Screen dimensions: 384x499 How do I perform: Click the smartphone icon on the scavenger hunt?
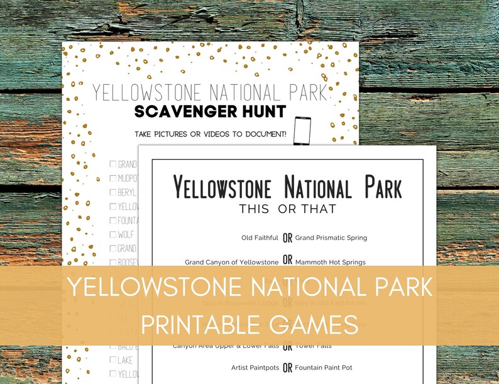coord(302,130)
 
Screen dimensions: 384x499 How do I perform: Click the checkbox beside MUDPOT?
coord(113,178)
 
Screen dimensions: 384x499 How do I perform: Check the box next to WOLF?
coord(113,234)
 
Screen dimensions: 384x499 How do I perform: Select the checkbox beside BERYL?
coord(113,192)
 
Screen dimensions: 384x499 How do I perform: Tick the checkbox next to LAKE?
coord(113,360)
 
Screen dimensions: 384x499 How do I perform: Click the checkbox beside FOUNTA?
coord(113,221)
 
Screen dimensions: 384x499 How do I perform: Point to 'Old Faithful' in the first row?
coord(260,238)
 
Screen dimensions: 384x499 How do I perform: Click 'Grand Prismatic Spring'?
coord(331,238)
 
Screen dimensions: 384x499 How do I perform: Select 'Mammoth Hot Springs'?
coord(331,262)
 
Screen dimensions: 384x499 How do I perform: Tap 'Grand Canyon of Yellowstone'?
coord(231,262)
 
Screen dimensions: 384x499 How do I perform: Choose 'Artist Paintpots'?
coord(255,367)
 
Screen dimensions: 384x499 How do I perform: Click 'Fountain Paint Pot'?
coord(324,367)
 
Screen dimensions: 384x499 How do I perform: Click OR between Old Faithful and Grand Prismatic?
coord(287,238)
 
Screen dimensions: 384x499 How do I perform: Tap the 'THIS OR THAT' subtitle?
coord(287,209)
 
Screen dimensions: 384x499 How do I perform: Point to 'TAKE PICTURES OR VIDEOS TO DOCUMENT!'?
coord(211,134)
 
